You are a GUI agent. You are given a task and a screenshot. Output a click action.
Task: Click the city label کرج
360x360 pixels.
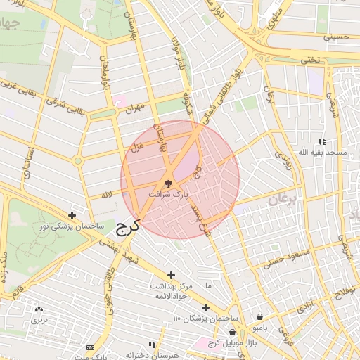(127, 226)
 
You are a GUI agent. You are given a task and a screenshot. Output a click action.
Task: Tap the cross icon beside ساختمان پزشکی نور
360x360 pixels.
(72, 216)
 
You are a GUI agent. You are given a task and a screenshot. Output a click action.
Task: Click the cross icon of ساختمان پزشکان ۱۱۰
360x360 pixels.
(205, 307)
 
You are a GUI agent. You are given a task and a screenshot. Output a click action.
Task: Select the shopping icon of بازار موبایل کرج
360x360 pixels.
(232, 332)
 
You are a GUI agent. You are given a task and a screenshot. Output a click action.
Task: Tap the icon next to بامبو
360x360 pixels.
(261, 316)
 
